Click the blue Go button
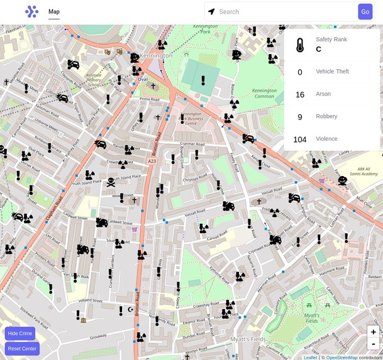pyautogui.click(x=365, y=11)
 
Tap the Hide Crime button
pyautogui.click(x=20, y=333)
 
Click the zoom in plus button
pyautogui.click(x=373, y=332)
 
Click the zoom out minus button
pyautogui.click(x=373, y=344)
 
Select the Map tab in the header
pyautogui.click(x=54, y=11)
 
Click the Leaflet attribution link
pyautogui.click(x=311, y=357)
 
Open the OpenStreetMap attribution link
pyautogui.click(x=341, y=357)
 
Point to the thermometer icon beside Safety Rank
pyautogui.click(x=300, y=45)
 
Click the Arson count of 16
pyautogui.click(x=300, y=95)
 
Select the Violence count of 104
pyautogui.click(x=300, y=139)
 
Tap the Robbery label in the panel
pyautogui.click(x=326, y=116)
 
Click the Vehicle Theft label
pyautogui.click(x=332, y=71)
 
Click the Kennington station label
pyautogui.click(x=157, y=55)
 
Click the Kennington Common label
pyautogui.click(x=264, y=94)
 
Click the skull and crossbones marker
pyautogui.click(x=111, y=182)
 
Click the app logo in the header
pyautogui.click(x=31, y=11)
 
